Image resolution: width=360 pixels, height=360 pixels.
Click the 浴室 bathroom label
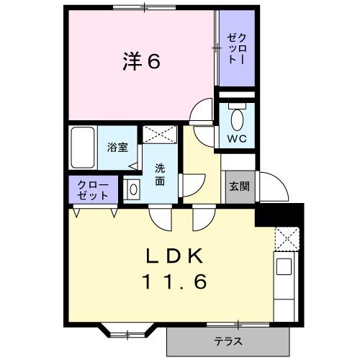pyautogui.click(x=117, y=148)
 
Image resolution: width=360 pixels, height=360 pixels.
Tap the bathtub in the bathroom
pyautogui.click(x=84, y=148)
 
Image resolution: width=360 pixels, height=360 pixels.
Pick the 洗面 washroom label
pyautogui.click(x=160, y=175)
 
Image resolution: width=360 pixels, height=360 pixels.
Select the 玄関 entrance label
pyautogui.click(x=239, y=186)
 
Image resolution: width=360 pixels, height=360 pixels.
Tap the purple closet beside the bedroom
pyautogui.click(x=237, y=49)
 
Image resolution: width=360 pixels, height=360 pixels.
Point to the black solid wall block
pyautogui.click(x=281, y=214)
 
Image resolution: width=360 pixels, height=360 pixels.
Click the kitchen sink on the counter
pyautogui.click(x=284, y=267)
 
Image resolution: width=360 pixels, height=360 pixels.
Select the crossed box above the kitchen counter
pyautogui.click(x=286, y=237)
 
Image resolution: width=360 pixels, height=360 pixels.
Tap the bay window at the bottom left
pyautogui.click(x=127, y=332)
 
